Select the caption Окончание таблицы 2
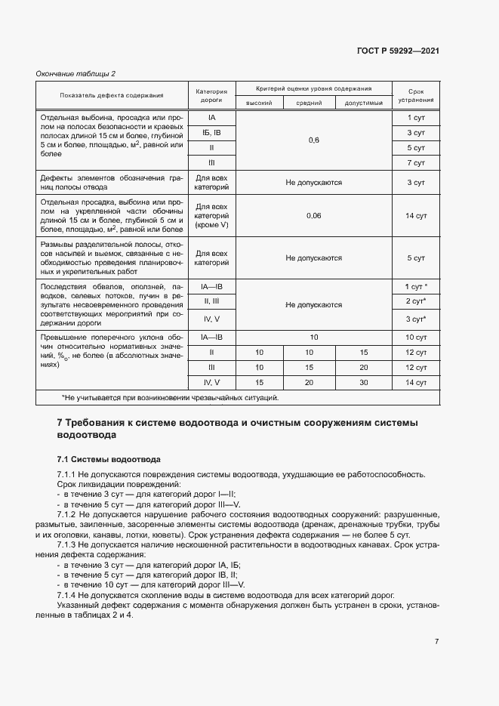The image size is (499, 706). pos(76,73)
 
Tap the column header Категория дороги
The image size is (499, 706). pos(212,94)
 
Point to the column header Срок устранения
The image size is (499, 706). pos(416,94)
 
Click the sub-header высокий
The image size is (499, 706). pos(260,103)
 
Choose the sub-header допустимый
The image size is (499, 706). pos(364,103)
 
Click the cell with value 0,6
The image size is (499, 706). pos(313,140)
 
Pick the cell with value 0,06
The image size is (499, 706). pos(313,216)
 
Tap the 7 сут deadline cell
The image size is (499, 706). pos(416,163)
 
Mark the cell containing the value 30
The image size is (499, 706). pos(364,383)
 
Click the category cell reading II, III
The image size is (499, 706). pos(212,301)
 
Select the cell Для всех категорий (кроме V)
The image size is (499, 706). pos(212,216)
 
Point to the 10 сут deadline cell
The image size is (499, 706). pos(416,337)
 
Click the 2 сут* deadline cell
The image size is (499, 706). pos(416,301)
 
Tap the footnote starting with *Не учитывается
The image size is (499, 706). pos(170,397)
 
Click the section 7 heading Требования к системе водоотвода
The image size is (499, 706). pos(237,428)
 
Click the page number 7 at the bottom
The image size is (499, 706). pos(437,641)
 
